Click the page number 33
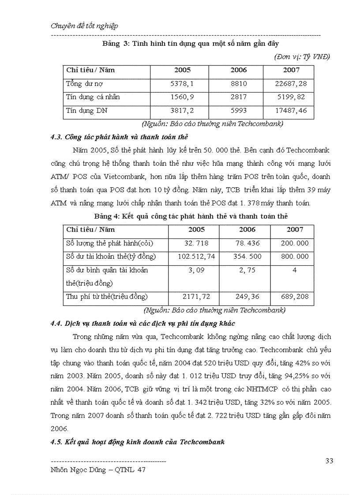click(329, 461)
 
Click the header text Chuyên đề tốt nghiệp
click(84, 26)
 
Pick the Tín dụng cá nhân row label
click(93, 97)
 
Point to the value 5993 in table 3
click(239, 110)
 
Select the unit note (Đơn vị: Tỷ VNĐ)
click(302, 57)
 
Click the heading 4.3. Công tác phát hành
click(120, 137)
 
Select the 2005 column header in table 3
click(182, 70)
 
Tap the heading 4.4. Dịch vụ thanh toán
click(143, 324)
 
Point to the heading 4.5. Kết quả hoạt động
click(138, 442)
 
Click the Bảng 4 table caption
click(191, 216)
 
